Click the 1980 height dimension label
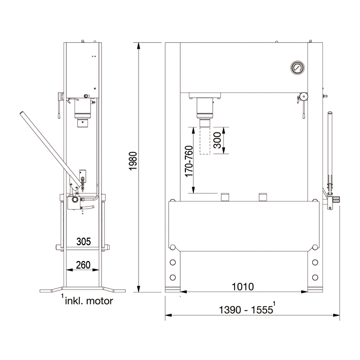tap(133, 161)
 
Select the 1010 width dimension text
tap(243, 286)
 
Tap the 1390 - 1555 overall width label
tap(246, 310)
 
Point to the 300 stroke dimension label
tap(217, 140)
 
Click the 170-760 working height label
tap(189, 161)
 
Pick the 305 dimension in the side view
tap(84, 242)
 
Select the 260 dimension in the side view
tap(83, 265)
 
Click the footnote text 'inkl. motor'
tap(89, 301)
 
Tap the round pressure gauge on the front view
tap(298, 68)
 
